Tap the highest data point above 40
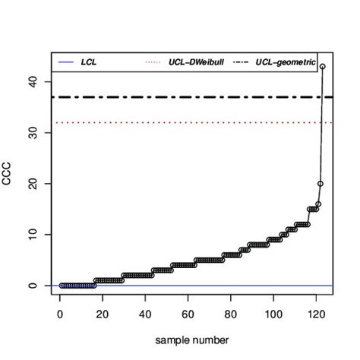(323, 66)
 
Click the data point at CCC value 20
(320, 184)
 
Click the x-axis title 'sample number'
(191, 339)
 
